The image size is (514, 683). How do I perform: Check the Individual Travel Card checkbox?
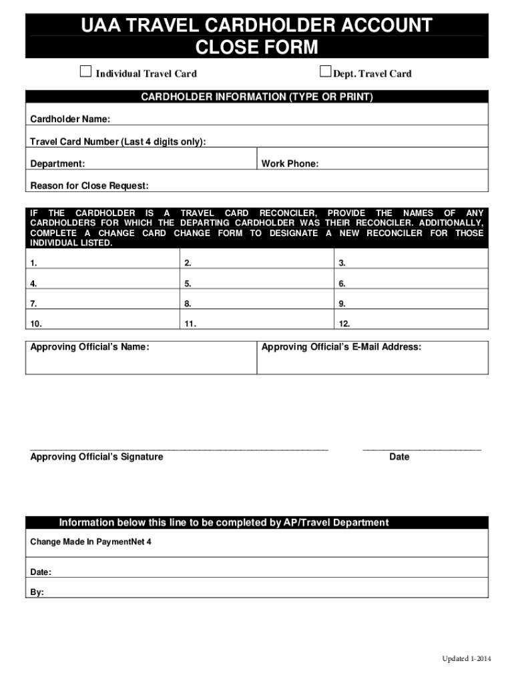(85, 72)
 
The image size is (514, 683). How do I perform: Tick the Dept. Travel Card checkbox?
(326, 72)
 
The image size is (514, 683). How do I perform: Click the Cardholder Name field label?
(70, 119)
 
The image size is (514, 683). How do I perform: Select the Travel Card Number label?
(118, 141)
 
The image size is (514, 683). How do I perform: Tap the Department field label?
(57, 164)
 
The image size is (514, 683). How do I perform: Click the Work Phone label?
(290, 164)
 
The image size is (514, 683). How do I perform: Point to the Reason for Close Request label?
(89, 185)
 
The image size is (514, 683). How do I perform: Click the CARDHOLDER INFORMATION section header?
(257, 97)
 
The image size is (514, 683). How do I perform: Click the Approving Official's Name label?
(89, 348)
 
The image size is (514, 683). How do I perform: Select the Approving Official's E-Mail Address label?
(341, 348)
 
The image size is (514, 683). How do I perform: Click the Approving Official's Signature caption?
(97, 457)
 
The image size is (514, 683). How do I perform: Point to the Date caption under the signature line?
(399, 457)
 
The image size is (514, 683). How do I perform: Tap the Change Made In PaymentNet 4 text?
(91, 542)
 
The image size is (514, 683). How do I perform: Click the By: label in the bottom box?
(37, 592)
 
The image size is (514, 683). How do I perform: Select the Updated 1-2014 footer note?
(466, 659)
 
